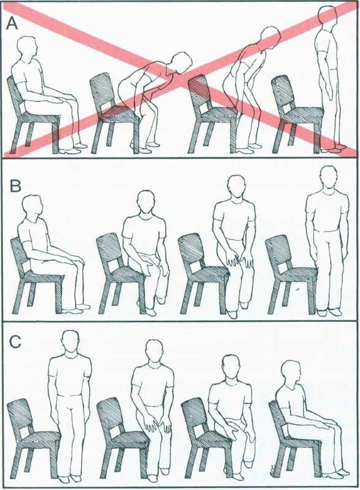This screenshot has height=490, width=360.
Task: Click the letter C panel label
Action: click(15, 341)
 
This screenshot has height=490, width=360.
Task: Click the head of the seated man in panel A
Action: click(28, 47)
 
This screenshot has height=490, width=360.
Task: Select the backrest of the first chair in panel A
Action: click(16, 95)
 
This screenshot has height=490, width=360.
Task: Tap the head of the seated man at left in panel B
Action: click(32, 207)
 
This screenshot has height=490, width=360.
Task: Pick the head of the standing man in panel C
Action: click(70, 343)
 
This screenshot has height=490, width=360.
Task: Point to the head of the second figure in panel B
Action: click(146, 202)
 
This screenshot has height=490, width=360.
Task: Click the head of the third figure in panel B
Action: click(238, 186)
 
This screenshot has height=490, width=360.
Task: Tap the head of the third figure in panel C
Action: click(232, 367)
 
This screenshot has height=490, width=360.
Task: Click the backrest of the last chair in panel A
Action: click(281, 93)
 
